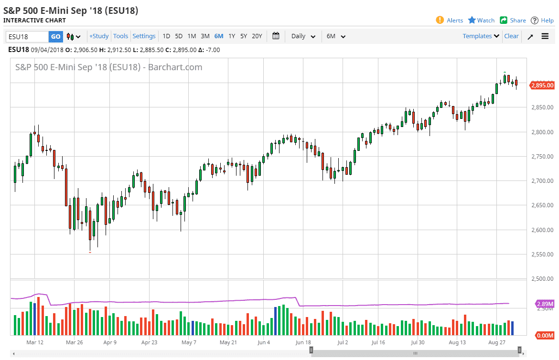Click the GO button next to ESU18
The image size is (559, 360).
tap(56, 36)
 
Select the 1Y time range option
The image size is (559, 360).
tap(232, 36)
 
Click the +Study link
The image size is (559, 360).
tap(99, 36)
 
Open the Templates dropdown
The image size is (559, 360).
tap(481, 36)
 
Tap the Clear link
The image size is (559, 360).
tap(511, 36)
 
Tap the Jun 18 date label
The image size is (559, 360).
tap(303, 342)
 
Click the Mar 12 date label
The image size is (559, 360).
tap(35, 342)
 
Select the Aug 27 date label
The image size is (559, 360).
tap(497, 342)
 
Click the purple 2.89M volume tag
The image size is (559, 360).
tap(545, 304)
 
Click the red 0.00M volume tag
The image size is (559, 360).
tap(544, 336)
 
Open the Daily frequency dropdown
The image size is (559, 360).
tap(303, 36)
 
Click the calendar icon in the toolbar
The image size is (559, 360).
tap(276, 36)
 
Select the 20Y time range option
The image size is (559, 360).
tap(257, 36)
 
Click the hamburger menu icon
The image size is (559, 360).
tap(545, 36)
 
